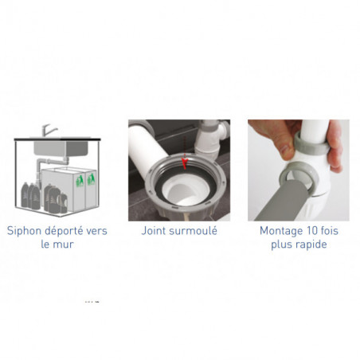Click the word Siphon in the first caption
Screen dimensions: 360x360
point(24,231)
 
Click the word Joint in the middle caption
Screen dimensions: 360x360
point(154,231)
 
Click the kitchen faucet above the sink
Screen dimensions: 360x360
point(49,131)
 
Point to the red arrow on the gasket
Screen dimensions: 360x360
point(185,163)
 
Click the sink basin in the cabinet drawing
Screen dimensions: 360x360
point(61,148)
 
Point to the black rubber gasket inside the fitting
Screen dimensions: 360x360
point(159,186)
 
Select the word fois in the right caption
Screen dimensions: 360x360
point(329,231)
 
